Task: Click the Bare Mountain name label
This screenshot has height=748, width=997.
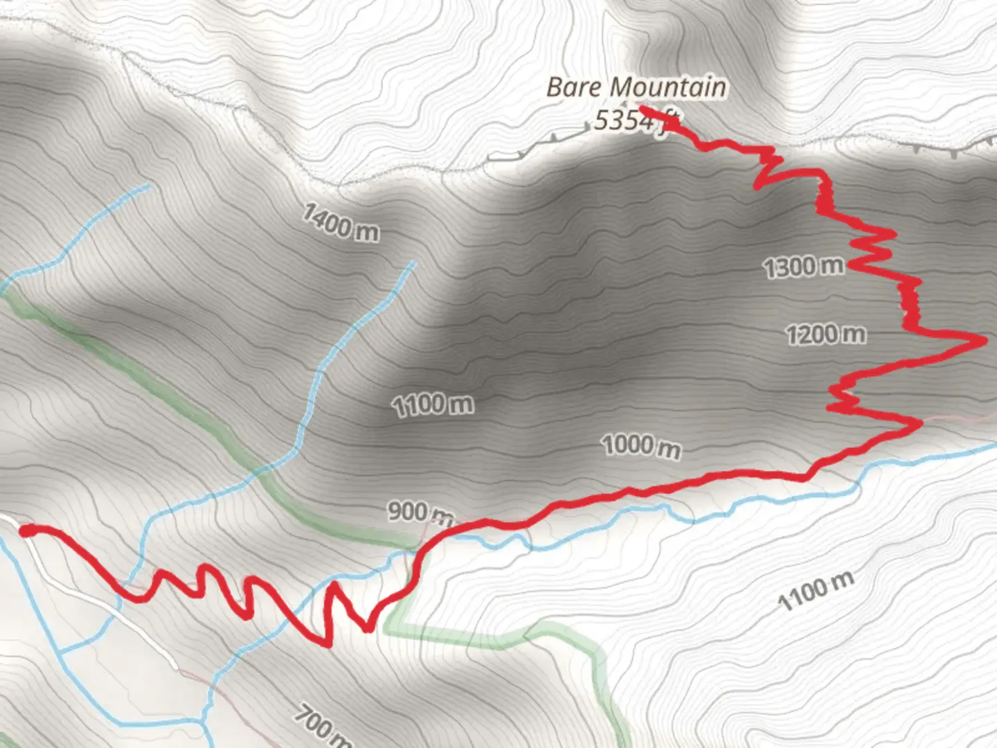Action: (x=636, y=88)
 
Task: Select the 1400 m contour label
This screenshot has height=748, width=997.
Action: (x=340, y=222)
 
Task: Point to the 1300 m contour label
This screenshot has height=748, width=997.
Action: (x=803, y=267)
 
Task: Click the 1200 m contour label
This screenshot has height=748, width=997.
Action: (x=825, y=335)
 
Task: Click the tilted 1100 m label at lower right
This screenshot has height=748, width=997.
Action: (x=815, y=591)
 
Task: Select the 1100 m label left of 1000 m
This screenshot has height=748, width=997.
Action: (x=433, y=404)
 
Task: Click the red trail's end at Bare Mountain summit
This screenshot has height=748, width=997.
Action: (x=641, y=108)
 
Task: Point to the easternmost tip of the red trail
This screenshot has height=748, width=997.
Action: (x=984, y=340)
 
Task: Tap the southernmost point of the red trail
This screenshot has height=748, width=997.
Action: (x=327, y=645)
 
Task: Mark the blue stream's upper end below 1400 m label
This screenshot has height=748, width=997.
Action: (x=413, y=262)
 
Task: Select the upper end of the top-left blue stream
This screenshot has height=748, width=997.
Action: (x=148, y=186)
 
